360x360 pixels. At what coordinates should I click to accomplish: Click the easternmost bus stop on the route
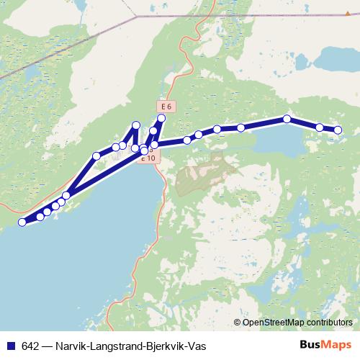[338, 130]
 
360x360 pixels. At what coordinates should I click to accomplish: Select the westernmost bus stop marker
[22, 222]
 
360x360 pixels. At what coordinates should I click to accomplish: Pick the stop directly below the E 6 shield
[161, 118]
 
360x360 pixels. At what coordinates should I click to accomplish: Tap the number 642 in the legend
[30, 346]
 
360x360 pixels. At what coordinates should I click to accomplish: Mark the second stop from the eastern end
[320, 127]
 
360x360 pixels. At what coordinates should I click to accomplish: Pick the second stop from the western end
[40, 216]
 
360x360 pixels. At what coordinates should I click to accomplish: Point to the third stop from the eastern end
[287, 119]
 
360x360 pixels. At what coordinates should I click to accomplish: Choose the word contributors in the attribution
[326, 323]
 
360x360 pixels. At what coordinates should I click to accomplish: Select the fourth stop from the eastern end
[240, 127]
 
